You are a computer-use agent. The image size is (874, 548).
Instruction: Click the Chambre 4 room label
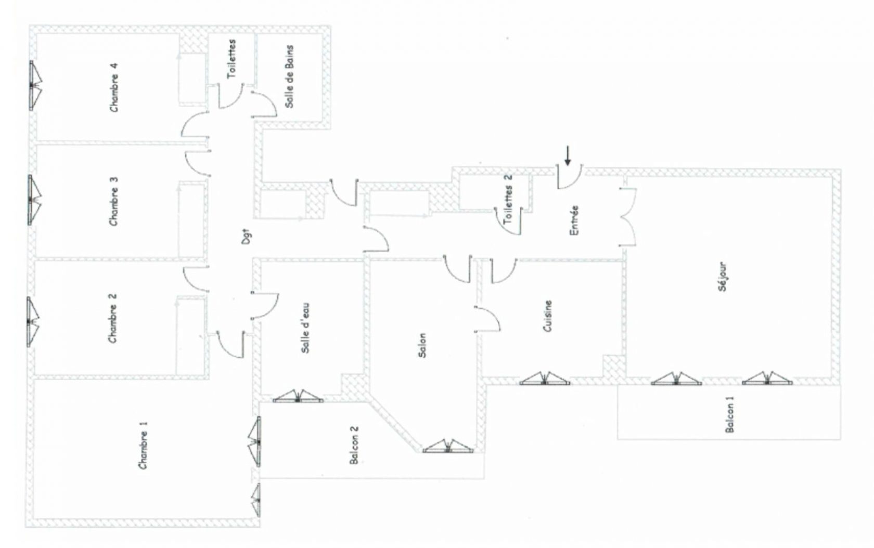tap(113, 88)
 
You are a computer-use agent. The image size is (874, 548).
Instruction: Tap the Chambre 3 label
tap(113, 201)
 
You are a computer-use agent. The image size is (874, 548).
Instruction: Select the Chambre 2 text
tap(112, 318)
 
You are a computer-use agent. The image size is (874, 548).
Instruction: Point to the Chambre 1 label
tap(143, 445)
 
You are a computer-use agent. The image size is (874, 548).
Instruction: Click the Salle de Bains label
tap(289, 76)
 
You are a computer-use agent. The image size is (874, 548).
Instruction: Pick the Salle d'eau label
tap(305, 328)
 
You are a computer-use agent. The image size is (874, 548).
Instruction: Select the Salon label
tap(422, 345)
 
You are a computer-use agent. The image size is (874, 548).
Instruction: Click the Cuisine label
tap(548, 316)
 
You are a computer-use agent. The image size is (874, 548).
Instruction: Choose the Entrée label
tap(574, 220)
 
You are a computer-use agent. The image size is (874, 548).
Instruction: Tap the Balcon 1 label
tap(729, 414)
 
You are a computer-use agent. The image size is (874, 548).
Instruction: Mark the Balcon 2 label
tap(354, 445)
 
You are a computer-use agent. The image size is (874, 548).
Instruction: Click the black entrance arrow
tap(568, 155)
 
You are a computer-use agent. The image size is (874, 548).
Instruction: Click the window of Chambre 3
tap(34, 200)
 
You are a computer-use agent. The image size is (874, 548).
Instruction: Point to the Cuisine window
tap(545, 379)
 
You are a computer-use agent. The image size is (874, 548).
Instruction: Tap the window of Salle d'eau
tap(298, 396)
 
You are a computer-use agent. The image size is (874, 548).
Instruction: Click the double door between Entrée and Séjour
tap(628, 217)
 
